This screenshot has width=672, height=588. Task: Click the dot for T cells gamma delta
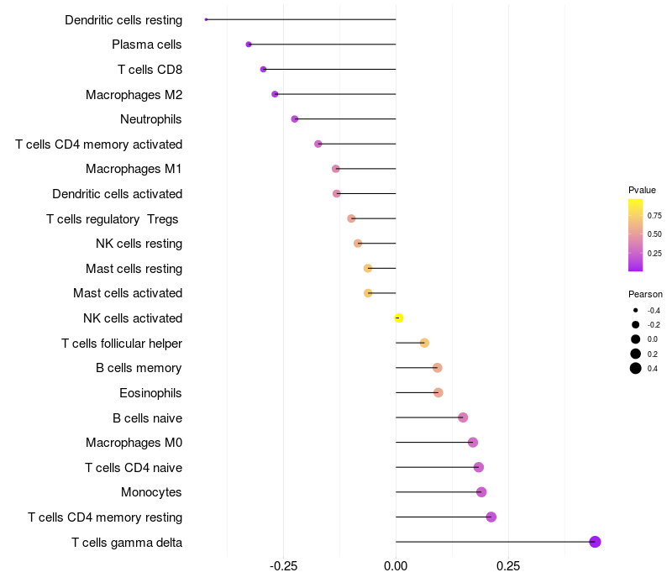pyautogui.click(x=595, y=542)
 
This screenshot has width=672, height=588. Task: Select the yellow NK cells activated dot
pyautogui.click(x=399, y=318)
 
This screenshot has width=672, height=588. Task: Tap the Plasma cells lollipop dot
pyautogui.click(x=249, y=45)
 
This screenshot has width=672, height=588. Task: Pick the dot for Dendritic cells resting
pyautogui.click(x=206, y=19)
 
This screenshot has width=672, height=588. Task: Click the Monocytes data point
pyautogui.click(x=481, y=492)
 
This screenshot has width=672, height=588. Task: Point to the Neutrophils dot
pyautogui.click(x=295, y=119)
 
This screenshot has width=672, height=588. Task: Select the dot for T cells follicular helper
pyautogui.click(x=424, y=343)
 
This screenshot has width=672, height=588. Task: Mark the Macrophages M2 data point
pyautogui.click(x=275, y=94)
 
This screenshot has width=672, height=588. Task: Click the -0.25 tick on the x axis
pyautogui.click(x=283, y=566)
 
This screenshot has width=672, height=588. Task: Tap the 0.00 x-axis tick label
pyautogui.click(x=396, y=566)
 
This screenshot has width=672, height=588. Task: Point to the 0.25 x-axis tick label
pyautogui.click(x=508, y=566)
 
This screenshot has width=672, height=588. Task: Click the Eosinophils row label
pyautogui.click(x=151, y=393)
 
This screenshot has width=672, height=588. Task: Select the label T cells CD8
pyautogui.click(x=150, y=70)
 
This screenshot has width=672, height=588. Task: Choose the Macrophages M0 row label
pyautogui.click(x=134, y=443)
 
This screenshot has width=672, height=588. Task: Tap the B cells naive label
pyautogui.click(x=148, y=417)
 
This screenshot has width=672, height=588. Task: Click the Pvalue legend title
pyautogui.click(x=643, y=190)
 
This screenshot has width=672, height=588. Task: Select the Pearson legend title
pyautogui.click(x=645, y=295)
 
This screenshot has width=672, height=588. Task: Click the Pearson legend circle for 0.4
pyautogui.click(x=636, y=368)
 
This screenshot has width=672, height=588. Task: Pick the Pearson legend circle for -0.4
pyautogui.click(x=636, y=311)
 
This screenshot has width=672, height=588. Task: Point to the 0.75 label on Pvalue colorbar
pyautogui.click(x=654, y=216)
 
